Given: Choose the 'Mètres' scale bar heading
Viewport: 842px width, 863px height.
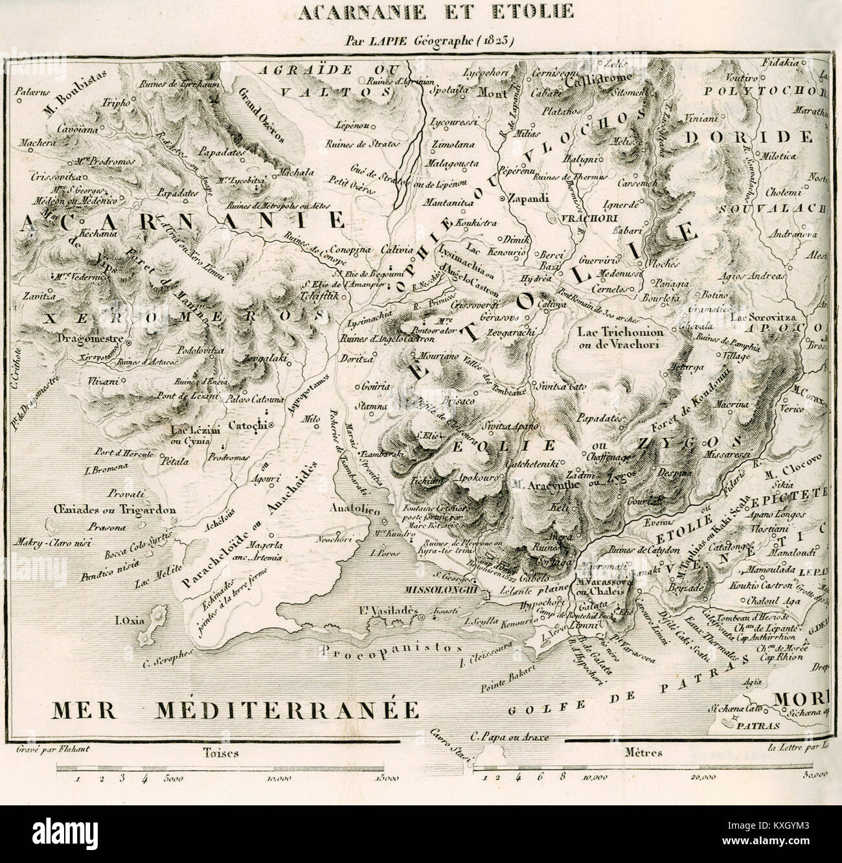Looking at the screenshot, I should tap(636, 753).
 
